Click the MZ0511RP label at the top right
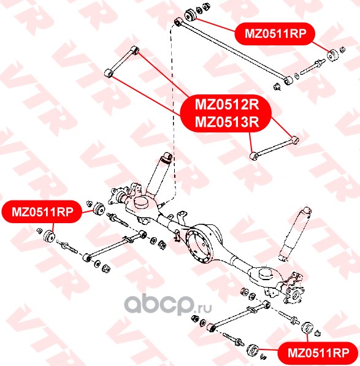coord(275,34)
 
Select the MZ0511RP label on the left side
coord(42,212)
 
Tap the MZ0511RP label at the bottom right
coord(318,353)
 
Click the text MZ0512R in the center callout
coord(227,104)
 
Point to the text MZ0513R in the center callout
coord(227,121)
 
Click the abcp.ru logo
coord(168,304)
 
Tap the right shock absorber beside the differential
coord(294,234)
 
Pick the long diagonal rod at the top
coord(234,51)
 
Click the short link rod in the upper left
coord(121,62)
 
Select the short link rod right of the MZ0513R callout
coord(274,148)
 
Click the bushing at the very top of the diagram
coord(191,15)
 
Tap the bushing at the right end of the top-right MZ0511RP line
coord(333,55)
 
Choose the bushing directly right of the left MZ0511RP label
coord(99,209)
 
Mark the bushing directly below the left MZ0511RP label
coord(50,236)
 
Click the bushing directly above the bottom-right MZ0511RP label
coord(308,328)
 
